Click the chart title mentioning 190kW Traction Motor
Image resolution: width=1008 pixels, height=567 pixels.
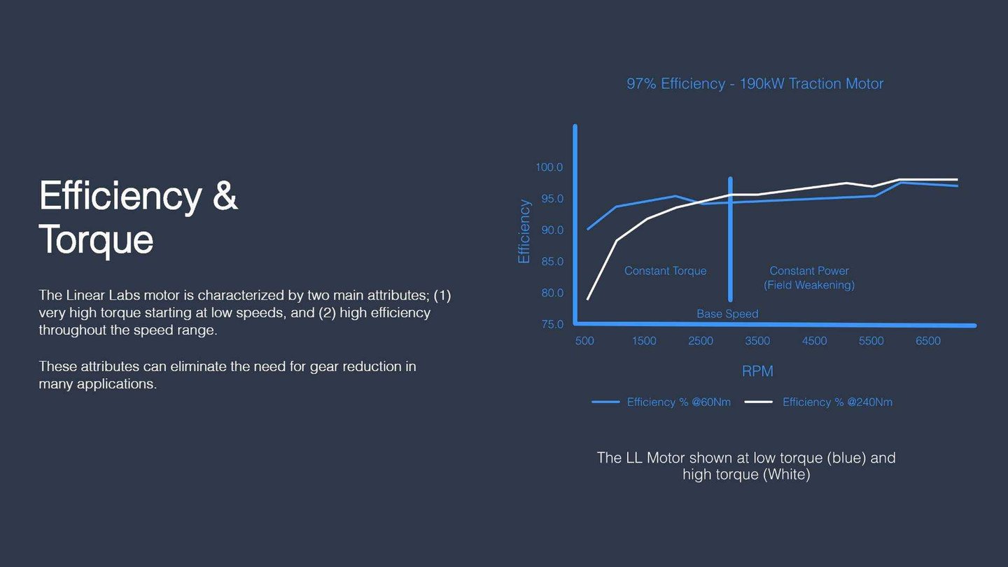pyautogui.click(x=755, y=84)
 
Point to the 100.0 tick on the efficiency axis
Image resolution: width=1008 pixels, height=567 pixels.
pyautogui.click(x=549, y=167)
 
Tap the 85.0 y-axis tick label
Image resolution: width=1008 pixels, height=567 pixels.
pyautogui.click(x=552, y=262)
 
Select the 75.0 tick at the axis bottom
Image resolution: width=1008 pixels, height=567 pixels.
pyautogui.click(x=552, y=325)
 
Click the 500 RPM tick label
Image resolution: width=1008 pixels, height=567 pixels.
pyautogui.click(x=584, y=341)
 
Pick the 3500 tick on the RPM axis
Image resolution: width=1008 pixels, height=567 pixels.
pyautogui.click(x=757, y=341)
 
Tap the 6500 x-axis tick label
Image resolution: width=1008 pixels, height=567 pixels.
pyautogui.click(x=928, y=341)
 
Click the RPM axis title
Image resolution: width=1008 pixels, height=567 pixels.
pyautogui.click(x=757, y=371)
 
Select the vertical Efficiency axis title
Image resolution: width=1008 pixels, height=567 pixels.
pyautogui.click(x=524, y=231)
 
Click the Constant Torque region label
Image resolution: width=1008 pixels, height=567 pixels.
pyautogui.click(x=665, y=271)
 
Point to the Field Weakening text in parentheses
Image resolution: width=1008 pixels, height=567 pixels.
pyautogui.click(x=808, y=286)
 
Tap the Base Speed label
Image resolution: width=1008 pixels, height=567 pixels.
pyautogui.click(x=727, y=314)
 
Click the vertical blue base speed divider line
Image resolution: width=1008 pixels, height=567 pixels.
pyautogui.click(x=730, y=239)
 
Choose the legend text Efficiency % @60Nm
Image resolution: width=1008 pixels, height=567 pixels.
pyautogui.click(x=678, y=402)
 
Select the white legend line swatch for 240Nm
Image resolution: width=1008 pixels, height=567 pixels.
pyautogui.click(x=759, y=402)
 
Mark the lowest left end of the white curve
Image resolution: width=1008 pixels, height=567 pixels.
pyautogui.click(x=588, y=300)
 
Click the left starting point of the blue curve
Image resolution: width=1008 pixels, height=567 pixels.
pyautogui.click(x=588, y=229)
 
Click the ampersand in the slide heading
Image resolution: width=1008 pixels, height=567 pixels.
pyautogui.click(x=225, y=196)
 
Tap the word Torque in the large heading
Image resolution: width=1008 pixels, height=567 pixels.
pyautogui.click(x=97, y=240)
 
